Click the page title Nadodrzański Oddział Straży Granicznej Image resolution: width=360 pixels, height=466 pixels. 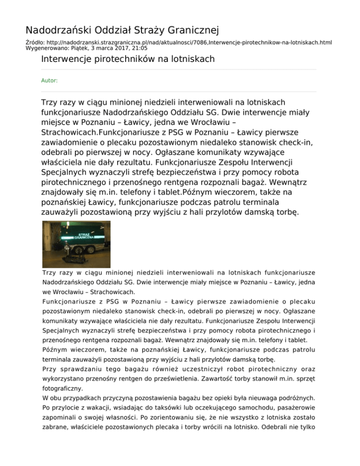122,31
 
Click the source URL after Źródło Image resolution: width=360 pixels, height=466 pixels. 188,42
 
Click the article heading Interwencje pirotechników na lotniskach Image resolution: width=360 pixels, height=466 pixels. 127,59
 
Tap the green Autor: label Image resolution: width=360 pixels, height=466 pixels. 49,81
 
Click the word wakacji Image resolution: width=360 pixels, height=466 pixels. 105,408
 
